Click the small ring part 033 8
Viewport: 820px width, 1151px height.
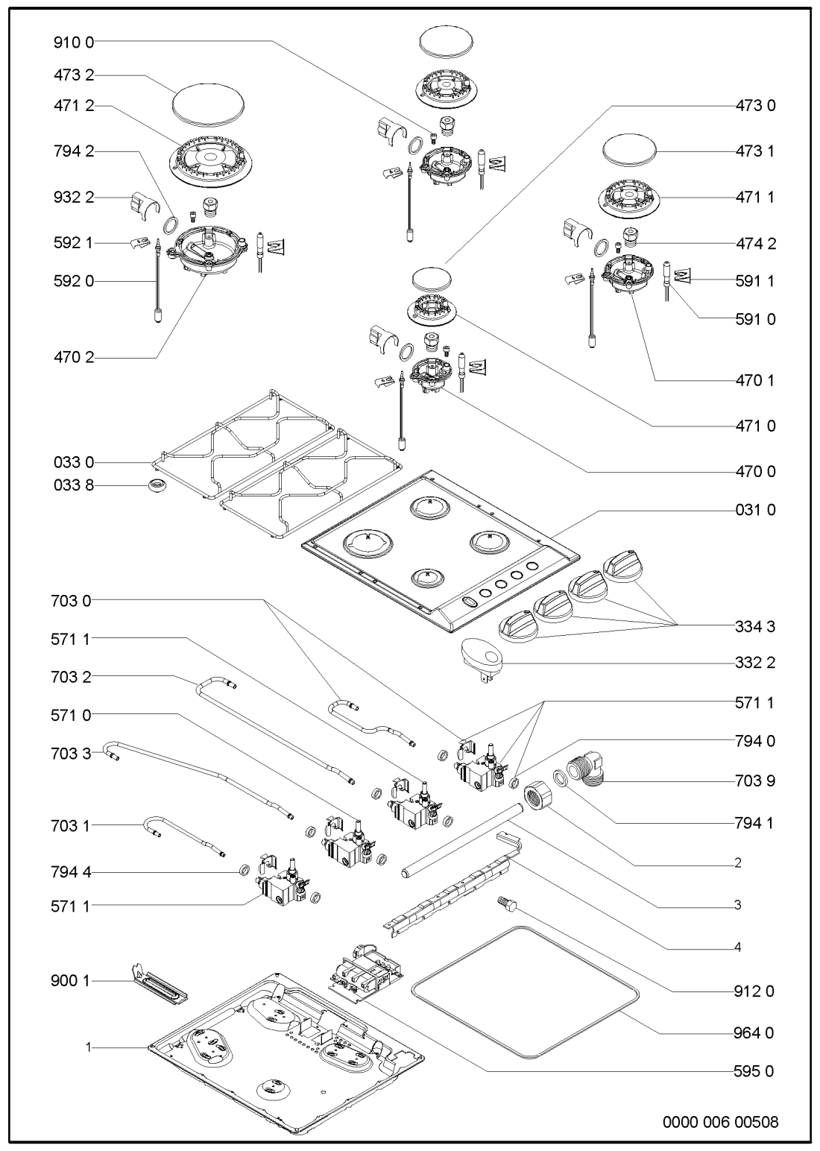(156, 487)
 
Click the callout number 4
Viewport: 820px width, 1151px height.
(737, 947)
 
